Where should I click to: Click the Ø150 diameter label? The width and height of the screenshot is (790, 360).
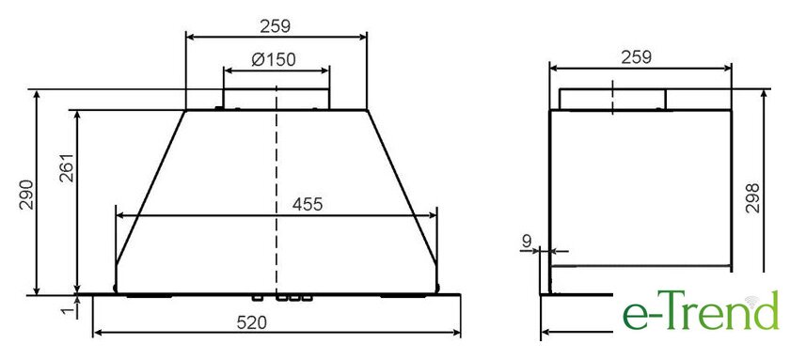tap(274, 60)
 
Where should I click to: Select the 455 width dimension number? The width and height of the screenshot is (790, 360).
tap(307, 204)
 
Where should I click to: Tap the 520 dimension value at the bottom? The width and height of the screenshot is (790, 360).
tap(251, 323)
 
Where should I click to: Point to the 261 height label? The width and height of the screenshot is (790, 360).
tap(67, 167)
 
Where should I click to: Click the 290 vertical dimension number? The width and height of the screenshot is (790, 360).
tap(26, 194)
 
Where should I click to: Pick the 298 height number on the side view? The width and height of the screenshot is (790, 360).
tap(752, 198)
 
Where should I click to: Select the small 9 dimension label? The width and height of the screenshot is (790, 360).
tap(527, 242)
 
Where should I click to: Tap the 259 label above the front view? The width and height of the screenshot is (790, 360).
tap(275, 26)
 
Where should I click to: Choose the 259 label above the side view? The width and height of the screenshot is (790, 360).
tap(636, 57)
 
